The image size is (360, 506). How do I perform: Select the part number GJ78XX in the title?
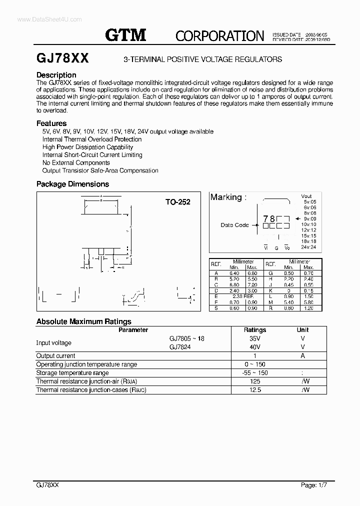coord(62,58)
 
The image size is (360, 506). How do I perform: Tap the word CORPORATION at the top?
coord(219,35)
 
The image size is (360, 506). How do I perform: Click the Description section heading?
coord(56,75)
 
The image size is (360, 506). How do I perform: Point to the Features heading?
coord(51,123)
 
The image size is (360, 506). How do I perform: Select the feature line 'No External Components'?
coord(76,162)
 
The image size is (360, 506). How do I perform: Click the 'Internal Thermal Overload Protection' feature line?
coord(92,139)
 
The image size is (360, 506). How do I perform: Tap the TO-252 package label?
coord(178,202)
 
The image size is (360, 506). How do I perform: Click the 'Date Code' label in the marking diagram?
coord(234,225)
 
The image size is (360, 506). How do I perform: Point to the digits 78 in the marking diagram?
coord(269,219)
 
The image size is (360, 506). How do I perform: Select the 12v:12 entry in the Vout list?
coord(309,229)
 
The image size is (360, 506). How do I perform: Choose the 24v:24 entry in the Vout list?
coord(309,247)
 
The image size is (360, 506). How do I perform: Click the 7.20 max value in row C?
coord(251,284)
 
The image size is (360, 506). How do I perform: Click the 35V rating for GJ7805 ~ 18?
coord(254,338)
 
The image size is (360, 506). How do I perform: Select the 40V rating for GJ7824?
coord(254,347)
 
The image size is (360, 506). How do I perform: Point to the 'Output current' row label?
coord(56,356)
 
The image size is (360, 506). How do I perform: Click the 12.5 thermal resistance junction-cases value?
coord(254,390)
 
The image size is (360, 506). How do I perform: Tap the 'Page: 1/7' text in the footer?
coord(314,485)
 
